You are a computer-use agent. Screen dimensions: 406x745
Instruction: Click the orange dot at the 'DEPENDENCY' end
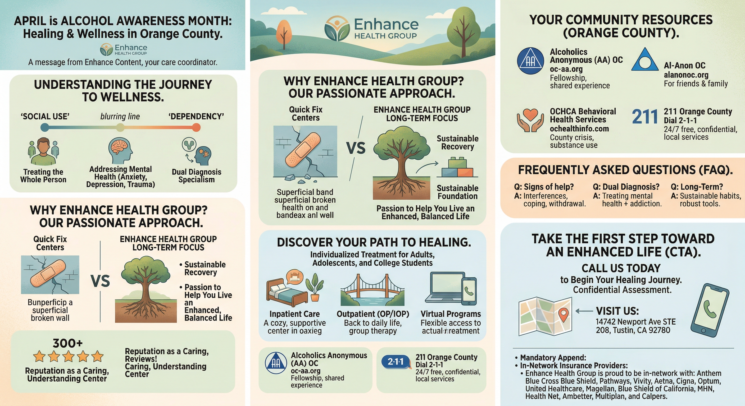coord(196,127)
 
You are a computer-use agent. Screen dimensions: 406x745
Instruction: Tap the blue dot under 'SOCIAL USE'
coord(45,127)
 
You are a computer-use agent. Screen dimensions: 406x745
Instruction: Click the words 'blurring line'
coord(120,117)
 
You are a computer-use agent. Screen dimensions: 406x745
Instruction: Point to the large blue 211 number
coord(645,117)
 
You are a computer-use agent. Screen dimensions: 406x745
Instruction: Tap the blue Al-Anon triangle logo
coord(644,60)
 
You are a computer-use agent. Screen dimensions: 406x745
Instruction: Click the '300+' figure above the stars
coord(68,343)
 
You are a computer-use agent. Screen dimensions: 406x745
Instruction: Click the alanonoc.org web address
coord(686,75)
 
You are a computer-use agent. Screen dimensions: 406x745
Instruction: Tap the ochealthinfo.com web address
coord(579,128)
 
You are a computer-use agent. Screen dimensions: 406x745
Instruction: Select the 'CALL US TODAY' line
coord(621,268)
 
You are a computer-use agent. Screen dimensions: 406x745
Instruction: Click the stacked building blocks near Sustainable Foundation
coord(457,168)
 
